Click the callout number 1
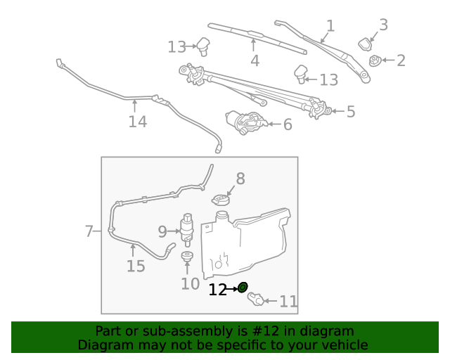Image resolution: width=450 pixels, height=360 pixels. tap(330, 27)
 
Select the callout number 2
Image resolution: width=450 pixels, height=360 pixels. tap(401, 60)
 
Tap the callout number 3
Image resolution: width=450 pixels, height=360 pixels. tap(383, 25)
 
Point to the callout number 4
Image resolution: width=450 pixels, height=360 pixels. tap(255, 61)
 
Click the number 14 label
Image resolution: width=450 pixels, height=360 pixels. tap(137, 122)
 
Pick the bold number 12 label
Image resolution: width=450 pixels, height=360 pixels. tap(217, 289)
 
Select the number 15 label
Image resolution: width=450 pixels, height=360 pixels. tap(136, 266)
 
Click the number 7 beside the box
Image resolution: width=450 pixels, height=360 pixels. tap(89, 231)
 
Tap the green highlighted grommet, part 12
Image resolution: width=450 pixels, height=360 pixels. tap(243, 287)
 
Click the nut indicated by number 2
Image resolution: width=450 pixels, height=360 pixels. tap(375, 61)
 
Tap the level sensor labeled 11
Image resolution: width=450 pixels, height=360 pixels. tap(257, 300)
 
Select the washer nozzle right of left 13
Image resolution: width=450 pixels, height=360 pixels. tap(205, 46)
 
